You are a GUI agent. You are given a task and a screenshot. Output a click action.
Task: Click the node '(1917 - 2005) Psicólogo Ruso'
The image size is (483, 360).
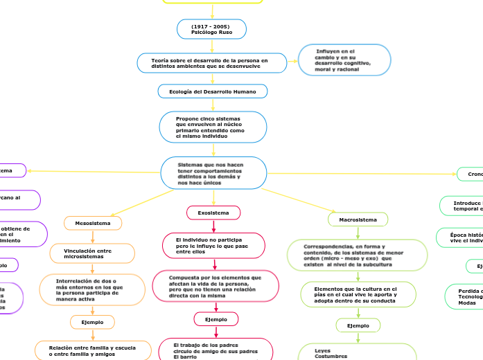[x=211, y=29]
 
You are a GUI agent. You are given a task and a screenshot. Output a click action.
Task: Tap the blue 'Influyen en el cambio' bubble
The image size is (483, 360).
[x=344, y=60]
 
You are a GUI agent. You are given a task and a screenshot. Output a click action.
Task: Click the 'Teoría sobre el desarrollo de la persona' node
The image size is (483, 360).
[x=211, y=63]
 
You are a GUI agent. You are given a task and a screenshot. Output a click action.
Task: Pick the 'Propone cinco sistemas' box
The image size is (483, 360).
[x=213, y=127]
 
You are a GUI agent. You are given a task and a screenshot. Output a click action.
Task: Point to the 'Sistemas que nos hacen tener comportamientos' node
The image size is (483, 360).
[x=213, y=173]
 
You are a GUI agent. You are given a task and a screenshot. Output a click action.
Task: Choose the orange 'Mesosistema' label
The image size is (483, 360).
[x=93, y=223]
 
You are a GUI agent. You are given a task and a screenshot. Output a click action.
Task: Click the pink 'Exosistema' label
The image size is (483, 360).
[x=213, y=213]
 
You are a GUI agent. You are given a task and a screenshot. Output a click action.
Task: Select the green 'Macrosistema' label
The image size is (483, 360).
[x=358, y=219]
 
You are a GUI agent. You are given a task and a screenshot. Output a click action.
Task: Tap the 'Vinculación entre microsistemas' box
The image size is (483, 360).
[x=92, y=253]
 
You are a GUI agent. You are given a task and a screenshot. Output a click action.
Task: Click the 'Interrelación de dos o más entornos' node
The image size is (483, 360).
[x=92, y=290]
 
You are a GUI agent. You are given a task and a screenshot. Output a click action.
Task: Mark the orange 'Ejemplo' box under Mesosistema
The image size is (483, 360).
[x=92, y=322]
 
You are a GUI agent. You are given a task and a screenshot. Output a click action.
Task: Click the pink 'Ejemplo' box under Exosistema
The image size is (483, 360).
[x=216, y=318]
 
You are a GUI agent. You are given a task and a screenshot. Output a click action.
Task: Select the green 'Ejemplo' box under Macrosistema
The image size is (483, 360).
[x=358, y=325]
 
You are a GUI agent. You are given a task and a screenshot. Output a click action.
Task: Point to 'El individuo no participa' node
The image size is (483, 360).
[x=213, y=246]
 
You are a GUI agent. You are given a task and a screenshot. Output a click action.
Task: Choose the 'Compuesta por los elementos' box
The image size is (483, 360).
[x=216, y=286]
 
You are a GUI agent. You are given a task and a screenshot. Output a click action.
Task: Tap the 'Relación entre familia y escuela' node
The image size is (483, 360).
[x=94, y=350]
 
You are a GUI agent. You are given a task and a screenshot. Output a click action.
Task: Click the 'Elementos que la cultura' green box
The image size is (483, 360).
[x=358, y=294]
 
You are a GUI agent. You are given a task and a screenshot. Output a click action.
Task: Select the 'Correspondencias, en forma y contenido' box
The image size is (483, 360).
[x=358, y=255]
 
